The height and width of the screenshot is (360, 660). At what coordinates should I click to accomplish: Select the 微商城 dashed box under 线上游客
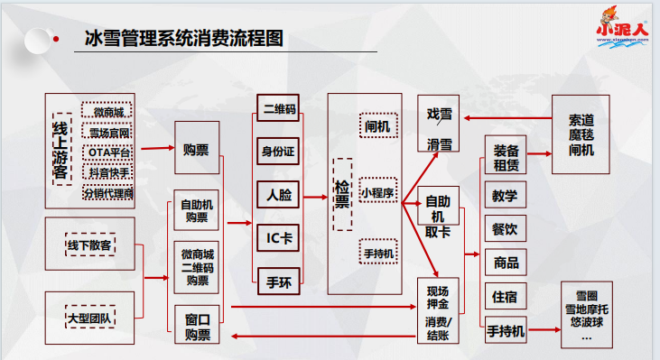point(108,112)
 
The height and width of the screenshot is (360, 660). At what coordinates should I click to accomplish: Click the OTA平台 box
point(108,152)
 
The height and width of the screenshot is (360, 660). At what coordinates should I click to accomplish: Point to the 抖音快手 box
point(108,172)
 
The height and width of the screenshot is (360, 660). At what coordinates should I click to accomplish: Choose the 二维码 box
point(279,109)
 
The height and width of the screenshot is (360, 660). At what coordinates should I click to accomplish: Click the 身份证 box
point(279,151)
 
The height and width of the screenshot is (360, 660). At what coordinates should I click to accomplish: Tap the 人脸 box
point(279,194)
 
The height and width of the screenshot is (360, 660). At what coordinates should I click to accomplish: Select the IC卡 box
point(279,237)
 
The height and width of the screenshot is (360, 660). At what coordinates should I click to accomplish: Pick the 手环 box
point(279,280)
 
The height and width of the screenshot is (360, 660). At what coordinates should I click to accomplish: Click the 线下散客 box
point(89,245)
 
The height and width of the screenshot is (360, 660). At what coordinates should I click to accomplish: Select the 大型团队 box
point(89,319)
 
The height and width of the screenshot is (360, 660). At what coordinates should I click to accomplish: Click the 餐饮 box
point(506,229)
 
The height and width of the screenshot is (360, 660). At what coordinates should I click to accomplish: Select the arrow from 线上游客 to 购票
point(155,148)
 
